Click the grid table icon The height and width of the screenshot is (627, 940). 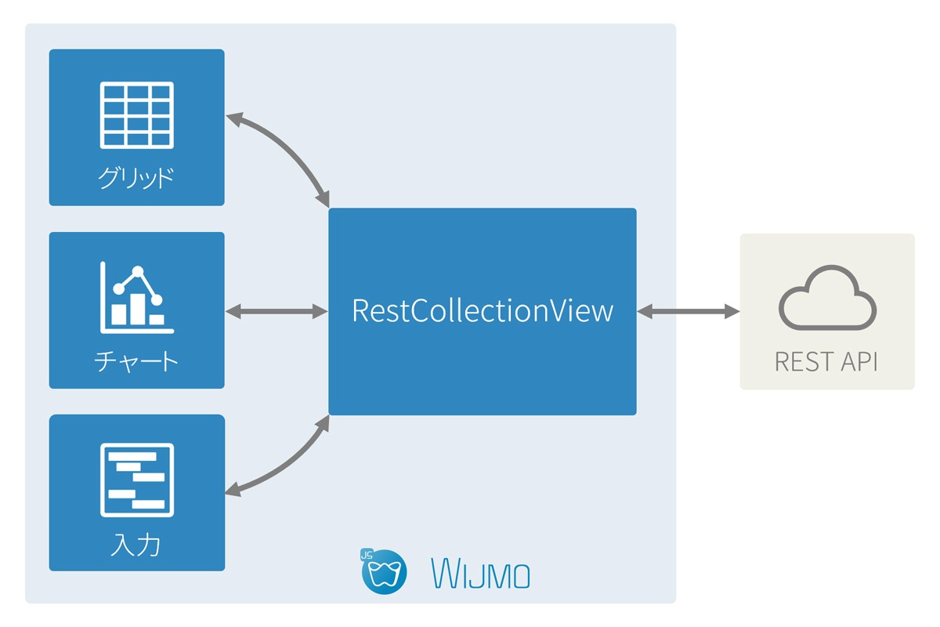pyautogui.click(x=137, y=114)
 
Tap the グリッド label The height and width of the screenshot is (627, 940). pyautogui.click(x=136, y=178)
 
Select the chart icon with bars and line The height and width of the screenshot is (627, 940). pyautogui.click(x=137, y=298)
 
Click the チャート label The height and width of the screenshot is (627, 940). pyautogui.click(x=136, y=361)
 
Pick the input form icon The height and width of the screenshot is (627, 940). pyautogui.click(x=137, y=480)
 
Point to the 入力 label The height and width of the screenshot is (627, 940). pyautogui.click(x=136, y=545)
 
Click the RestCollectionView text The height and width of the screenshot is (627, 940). pyautogui.click(x=482, y=311)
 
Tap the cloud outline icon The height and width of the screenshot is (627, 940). pyautogui.click(x=827, y=301)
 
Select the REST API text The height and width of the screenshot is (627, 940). pyautogui.click(x=826, y=362)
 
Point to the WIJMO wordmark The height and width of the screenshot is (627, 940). pyautogui.click(x=481, y=574)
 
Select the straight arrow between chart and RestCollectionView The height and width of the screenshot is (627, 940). pyautogui.click(x=277, y=312)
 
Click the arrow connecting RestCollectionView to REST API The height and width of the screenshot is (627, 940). pyautogui.click(x=688, y=312)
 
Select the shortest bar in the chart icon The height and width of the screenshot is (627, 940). pyautogui.click(x=157, y=319)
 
